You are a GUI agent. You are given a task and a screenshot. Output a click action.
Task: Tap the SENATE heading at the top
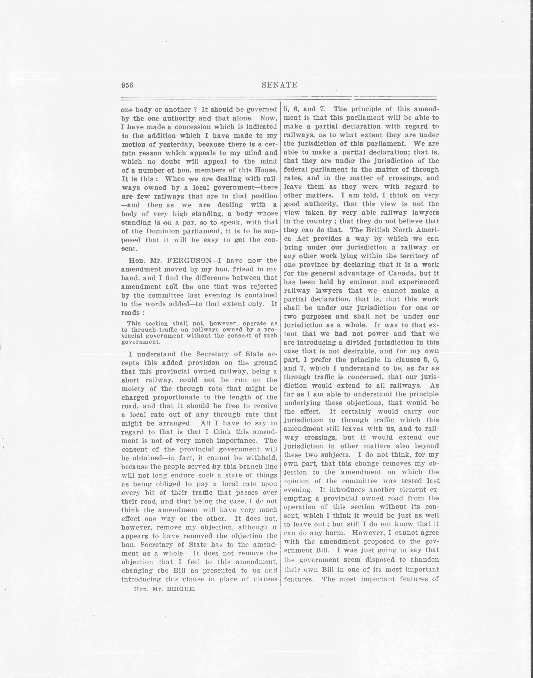coord(279,85)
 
